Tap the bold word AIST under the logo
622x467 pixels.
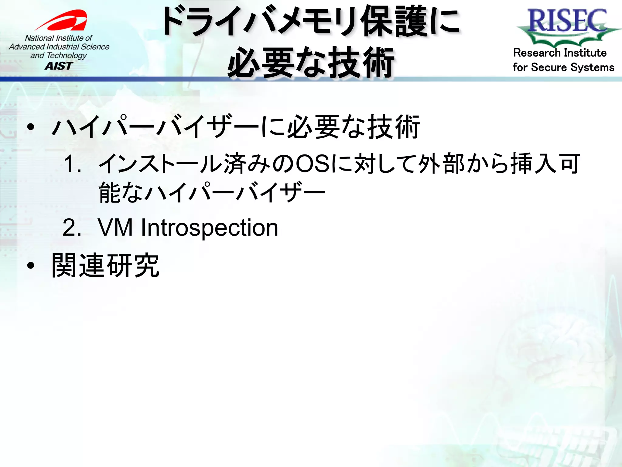[59, 66]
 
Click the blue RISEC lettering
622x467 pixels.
[567, 21]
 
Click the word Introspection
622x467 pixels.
[209, 228]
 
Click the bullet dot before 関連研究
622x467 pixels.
[31, 266]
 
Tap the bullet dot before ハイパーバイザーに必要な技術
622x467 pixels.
[31, 127]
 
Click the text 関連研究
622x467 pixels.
[105, 266]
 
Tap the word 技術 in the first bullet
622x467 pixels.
[393, 127]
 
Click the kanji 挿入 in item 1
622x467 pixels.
[534, 164]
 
